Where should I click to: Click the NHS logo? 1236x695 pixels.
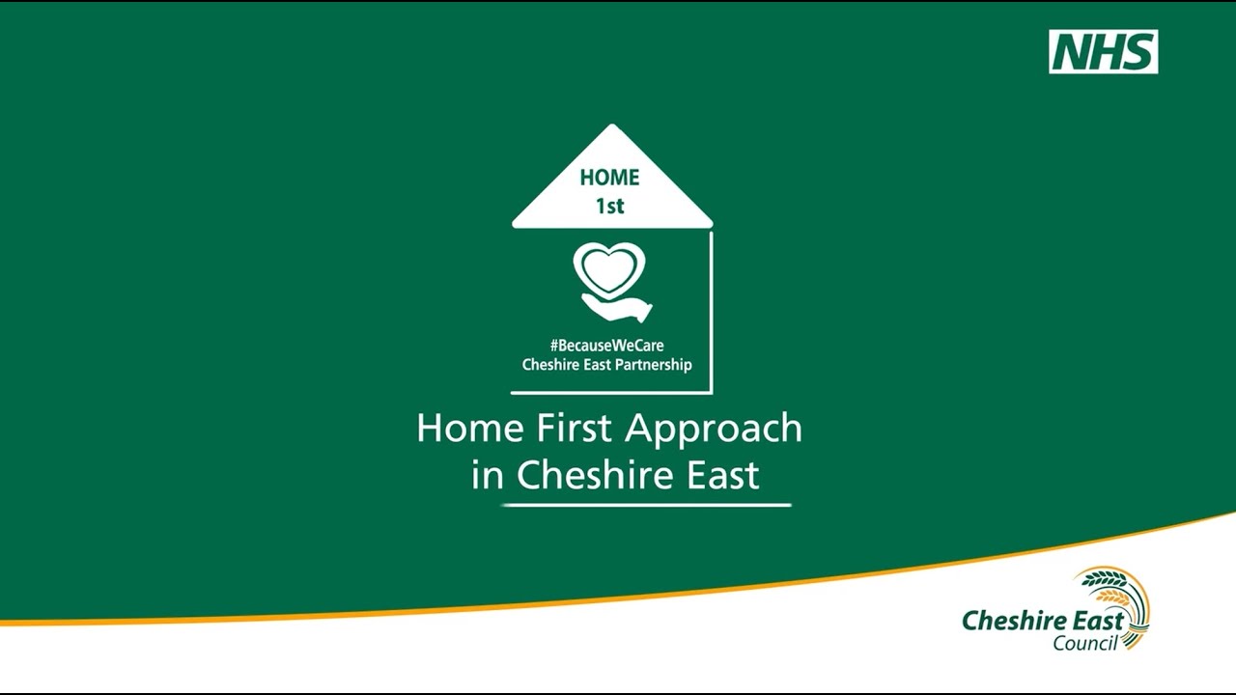pos(1103,52)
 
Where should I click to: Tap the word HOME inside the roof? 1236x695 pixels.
pos(609,178)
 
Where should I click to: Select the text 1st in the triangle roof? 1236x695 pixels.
pos(609,206)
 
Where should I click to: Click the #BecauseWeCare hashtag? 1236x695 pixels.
pos(607,346)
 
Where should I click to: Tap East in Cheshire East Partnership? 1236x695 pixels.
pos(591,365)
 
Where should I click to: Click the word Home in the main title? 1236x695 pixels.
pos(456,429)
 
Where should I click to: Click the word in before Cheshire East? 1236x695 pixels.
pos(489,476)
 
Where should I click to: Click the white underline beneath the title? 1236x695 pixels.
pos(646,505)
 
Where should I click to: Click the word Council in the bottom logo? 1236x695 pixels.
pos(1084,643)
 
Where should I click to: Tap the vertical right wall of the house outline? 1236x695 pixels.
pos(712,309)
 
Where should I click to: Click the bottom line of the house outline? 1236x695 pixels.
pos(610,392)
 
